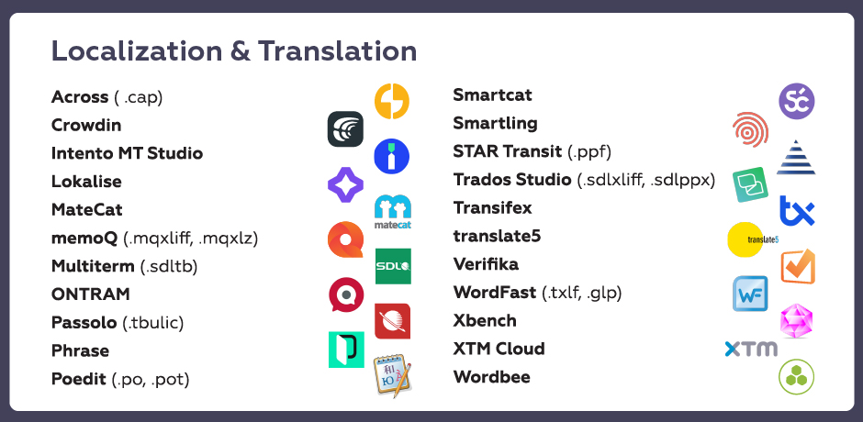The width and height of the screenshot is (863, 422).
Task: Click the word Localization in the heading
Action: (138, 50)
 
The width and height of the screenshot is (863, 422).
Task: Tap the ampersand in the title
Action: (241, 51)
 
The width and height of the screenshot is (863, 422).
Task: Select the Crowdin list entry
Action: (86, 125)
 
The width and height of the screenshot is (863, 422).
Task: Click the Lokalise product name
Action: (86, 181)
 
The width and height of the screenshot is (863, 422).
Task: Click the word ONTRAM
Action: (91, 294)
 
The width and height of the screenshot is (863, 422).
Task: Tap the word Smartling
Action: (496, 123)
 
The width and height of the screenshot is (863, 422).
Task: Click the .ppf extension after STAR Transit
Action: (589, 152)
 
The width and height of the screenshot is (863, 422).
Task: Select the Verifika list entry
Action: (486, 264)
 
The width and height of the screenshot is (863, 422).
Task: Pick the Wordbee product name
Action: (492, 377)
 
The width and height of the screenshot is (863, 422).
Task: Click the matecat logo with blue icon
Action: (393, 212)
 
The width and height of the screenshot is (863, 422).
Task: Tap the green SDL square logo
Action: (393, 266)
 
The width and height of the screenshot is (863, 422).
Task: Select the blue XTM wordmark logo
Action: (751, 349)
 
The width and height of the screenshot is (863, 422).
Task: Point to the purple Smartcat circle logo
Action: (796, 101)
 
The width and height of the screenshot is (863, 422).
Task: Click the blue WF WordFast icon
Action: (750, 294)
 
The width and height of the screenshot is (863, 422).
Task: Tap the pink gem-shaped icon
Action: (796, 321)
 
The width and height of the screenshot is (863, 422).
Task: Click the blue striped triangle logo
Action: (796, 158)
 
